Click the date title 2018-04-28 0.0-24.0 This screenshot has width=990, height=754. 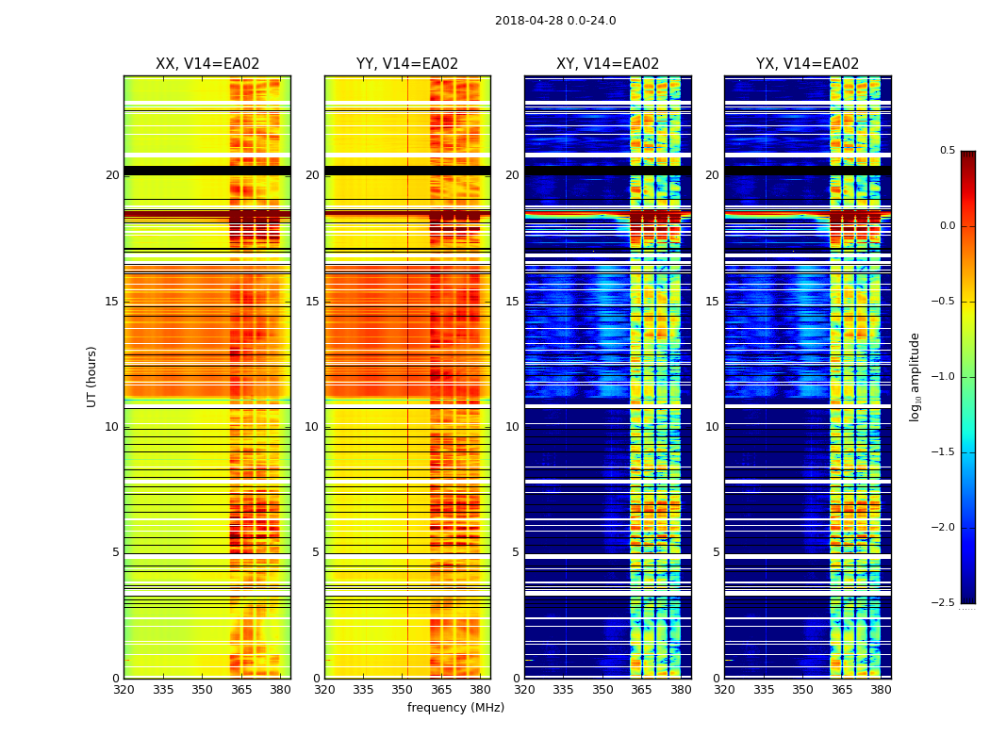[x=555, y=21]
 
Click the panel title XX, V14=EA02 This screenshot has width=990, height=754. [x=207, y=64]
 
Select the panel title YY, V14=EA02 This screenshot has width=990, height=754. [x=407, y=64]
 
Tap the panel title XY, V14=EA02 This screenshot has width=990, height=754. [x=607, y=64]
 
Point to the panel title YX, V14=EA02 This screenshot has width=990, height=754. [x=807, y=64]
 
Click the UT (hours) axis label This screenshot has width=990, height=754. [x=91, y=376]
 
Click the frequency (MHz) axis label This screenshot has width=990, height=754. [x=455, y=708]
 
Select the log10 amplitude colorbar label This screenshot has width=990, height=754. [x=915, y=376]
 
